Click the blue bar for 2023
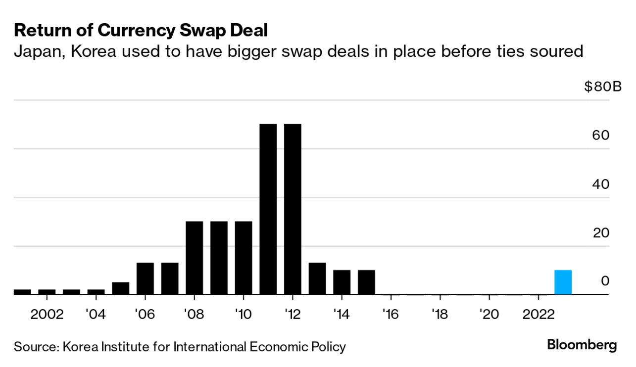coord(563,282)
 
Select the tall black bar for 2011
coord(268,209)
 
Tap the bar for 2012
coord(293,209)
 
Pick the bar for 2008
coord(194,258)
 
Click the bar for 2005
coord(120,288)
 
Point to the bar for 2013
coord(317,278)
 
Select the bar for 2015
coord(366,282)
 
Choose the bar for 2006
coord(145,278)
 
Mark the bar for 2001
coord(22,292)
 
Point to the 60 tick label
coord(600,136)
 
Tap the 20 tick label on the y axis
coord(600,233)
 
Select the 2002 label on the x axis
coord(47,315)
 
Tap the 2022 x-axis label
coord(538,315)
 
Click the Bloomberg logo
coord(582,345)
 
